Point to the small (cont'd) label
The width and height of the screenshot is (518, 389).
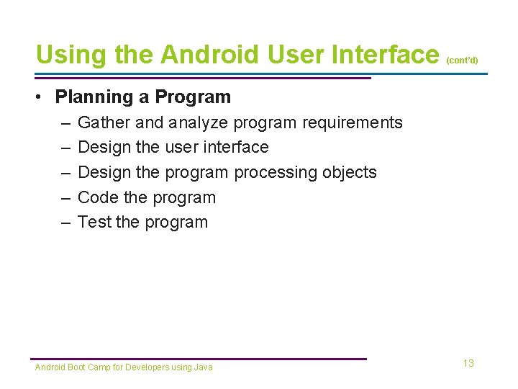click(462, 61)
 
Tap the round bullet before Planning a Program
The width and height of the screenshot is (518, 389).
click(42, 97)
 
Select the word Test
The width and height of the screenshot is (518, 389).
click(94, 222)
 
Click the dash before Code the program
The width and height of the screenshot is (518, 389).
click(65, 197)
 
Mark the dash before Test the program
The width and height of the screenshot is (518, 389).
click(65, 222)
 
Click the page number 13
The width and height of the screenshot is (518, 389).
click(468, 363)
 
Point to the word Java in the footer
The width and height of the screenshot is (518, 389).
click(204, 367)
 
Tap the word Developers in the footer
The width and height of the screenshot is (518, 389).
click(147, 367)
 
